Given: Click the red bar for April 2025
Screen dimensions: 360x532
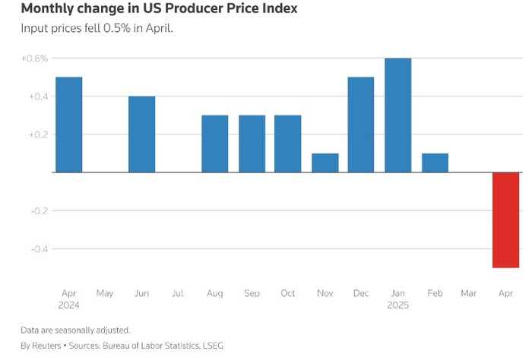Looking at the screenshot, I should [505, 219].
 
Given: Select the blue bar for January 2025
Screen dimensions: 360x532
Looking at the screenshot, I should [398, 115].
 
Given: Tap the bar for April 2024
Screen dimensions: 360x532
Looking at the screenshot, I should [69, 125].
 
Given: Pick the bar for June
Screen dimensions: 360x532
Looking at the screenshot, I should [141, 134].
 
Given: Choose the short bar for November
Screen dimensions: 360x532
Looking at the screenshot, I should [325, 163].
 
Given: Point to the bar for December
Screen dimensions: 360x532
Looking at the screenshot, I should [361, 125].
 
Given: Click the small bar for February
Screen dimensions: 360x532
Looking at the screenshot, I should [435, 163].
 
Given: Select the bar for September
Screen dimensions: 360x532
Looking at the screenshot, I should [252, 144].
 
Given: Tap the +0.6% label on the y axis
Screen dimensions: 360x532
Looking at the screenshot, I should [35, 58].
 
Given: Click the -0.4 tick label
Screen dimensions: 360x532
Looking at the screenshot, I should [37, 248].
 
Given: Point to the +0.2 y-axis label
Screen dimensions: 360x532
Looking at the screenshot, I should [37, 134].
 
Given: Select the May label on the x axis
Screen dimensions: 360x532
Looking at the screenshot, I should [105, 292].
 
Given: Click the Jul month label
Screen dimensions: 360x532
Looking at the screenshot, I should [179, 292].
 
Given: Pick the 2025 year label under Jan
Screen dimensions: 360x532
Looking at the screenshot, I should [398, 305].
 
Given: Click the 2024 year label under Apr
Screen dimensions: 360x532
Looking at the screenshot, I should [69, 305].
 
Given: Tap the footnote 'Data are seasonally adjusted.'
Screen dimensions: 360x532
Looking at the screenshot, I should [75, 330].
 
